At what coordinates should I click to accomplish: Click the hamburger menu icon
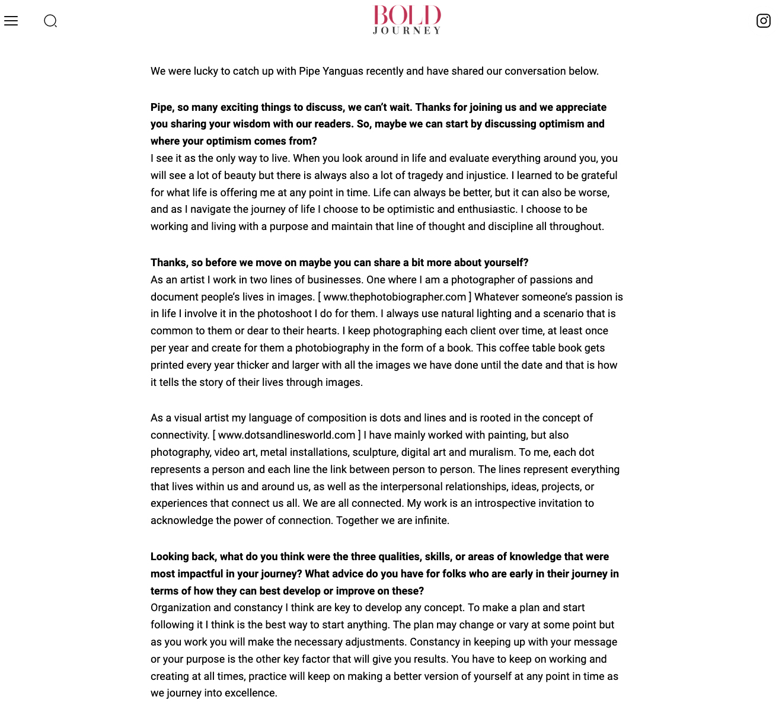click(x=11, y=21)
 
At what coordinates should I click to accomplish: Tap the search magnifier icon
click(x=50, y=21)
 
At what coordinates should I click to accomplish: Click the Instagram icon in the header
click(x=764, y=21)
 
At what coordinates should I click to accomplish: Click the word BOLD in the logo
click(x=407, y=16)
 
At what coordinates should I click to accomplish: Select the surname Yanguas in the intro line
click(x=343, y=71)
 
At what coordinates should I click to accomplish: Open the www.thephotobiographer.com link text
click(x=395, y=297)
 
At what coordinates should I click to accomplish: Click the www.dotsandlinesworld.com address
click(x=287, y=435)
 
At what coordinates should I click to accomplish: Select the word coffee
click(x=515, y=348)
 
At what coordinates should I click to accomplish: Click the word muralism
click(x=491, y=452)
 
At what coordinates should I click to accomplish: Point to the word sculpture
click(x=374, y=452)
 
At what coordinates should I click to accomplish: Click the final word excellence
click(x=250, y=693)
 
